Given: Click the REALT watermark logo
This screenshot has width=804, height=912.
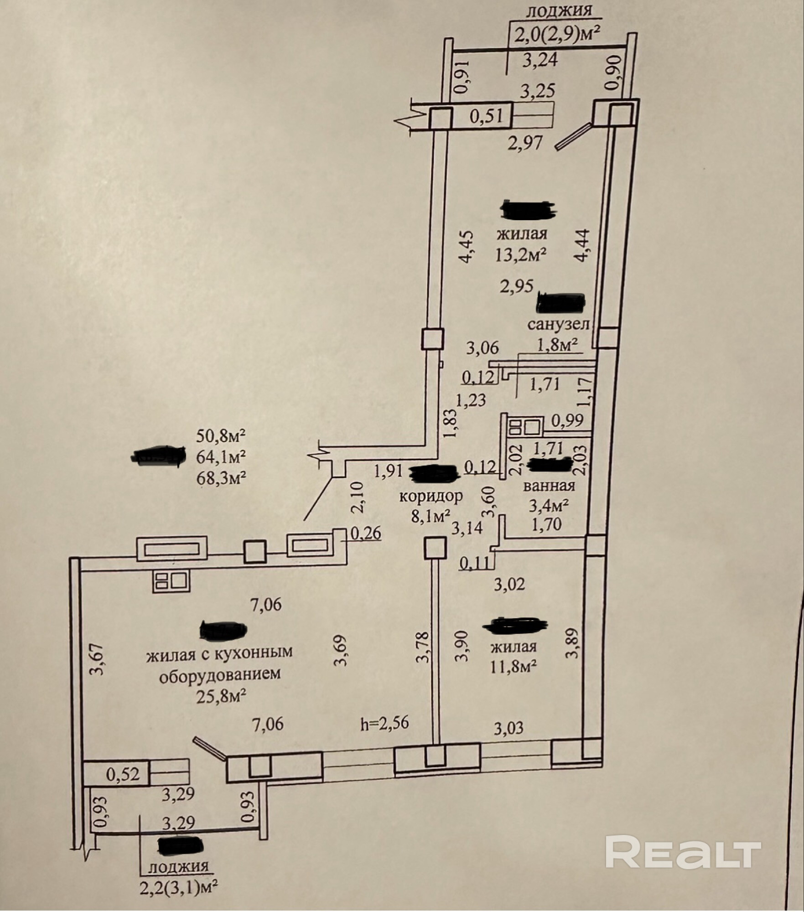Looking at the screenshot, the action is pos(683,852).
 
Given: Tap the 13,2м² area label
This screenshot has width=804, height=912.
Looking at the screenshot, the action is pos(521,255).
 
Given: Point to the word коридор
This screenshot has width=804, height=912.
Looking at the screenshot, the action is pos(431,496).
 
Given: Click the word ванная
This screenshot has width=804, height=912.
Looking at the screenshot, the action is pos(549,486).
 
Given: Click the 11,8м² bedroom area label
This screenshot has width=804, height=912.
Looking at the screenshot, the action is pos(513,667).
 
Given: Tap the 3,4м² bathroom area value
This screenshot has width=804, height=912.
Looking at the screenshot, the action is pos(548,505).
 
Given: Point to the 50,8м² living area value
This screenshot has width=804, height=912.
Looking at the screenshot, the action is pos(221,436).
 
